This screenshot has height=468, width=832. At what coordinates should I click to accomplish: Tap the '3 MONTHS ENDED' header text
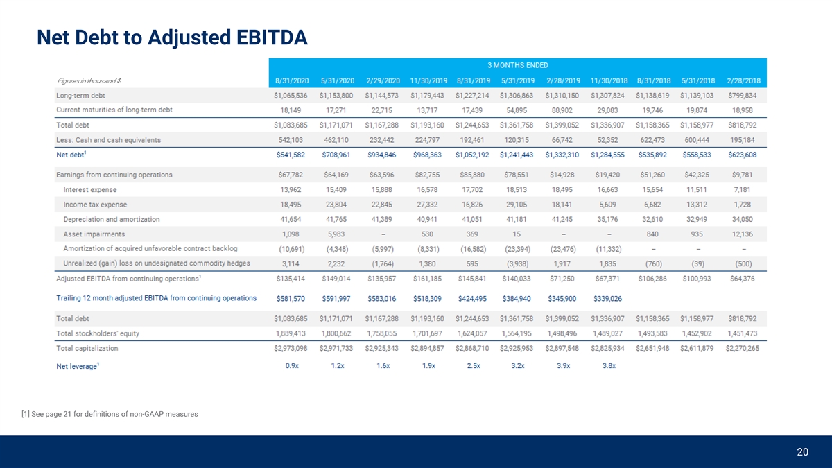[x=517, y=65]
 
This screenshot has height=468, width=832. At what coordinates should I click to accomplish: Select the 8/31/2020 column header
[x=291, y=81]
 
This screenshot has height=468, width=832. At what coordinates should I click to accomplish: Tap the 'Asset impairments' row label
[x=94, y=234]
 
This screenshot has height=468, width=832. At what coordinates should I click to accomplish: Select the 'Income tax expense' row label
[x=95, y=205]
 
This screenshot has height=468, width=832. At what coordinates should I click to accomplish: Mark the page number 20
[x=802, y=452]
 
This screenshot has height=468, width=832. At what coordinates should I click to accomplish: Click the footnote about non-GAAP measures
[x=110, y=414]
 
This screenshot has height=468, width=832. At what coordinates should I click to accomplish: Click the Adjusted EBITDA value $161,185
[x=427, y=279]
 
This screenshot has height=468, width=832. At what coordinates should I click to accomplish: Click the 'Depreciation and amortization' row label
[x=111, y=219]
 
